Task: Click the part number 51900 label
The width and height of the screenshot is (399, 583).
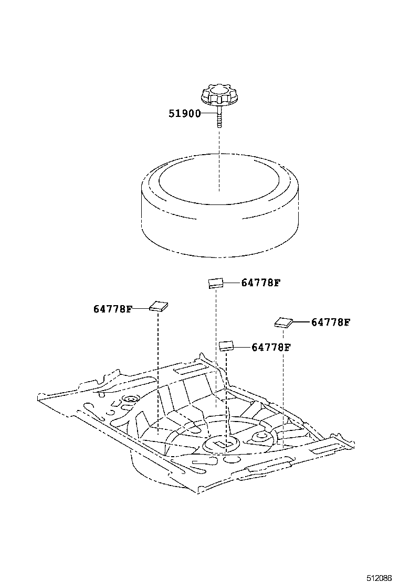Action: [x=184, y=113]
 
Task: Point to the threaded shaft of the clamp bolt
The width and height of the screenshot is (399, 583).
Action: [x=219, y=120]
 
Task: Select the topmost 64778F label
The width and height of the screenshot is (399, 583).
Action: [x=261, y=283]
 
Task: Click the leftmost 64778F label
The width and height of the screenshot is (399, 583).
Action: [x=113, y=309]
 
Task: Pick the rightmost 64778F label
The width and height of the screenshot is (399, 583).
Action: [x=330, y=322]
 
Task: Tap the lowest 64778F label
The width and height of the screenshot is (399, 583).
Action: [x=271, y=347]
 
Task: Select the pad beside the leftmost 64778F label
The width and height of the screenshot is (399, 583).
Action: [x=159, y=306]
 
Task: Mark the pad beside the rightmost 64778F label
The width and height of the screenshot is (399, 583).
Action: [x=283, y=322]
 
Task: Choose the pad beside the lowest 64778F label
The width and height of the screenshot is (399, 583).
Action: [x=226, y=345]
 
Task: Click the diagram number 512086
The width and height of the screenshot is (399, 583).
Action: [x=380, y=578]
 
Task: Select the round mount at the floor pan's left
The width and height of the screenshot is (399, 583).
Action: [x=129, y=401]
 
